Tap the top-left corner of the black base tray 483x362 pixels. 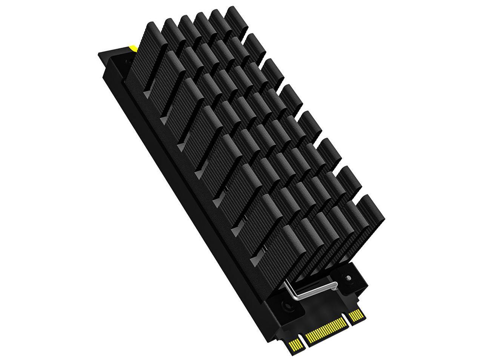[x=99, y=54]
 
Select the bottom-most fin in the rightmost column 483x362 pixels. [x=372, y=211]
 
